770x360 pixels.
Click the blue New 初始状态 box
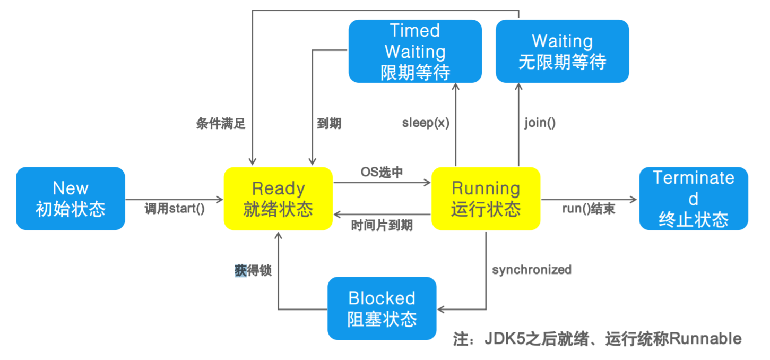pos(71,199)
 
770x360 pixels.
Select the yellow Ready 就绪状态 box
pos(278,199)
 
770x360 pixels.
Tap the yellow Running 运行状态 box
pos(486,199)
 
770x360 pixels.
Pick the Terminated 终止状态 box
pos(693,199)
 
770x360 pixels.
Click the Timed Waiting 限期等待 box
pos(415,52)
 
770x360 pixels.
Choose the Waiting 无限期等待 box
pos(562,52)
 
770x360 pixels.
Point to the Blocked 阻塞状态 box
pos(382,308)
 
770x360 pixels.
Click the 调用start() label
pos(175,209)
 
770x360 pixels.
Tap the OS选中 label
pos(382,173)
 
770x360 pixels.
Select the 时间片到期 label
pos(382,225)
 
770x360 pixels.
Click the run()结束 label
pos(589,209)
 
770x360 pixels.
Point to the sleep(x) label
pos(426,123)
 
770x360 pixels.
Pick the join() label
pos(540,123)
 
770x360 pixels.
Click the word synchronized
pos(532,270)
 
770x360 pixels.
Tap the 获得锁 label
pos(253,270)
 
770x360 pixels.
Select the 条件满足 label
pos(221,124)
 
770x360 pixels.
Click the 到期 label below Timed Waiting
pos(329,124)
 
